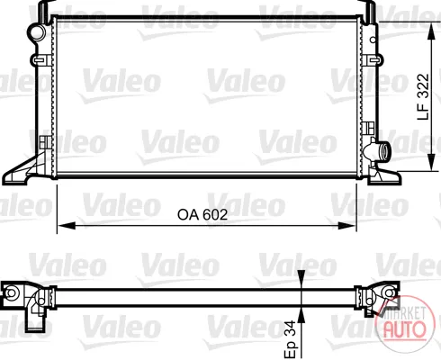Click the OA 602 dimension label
pos(202,215)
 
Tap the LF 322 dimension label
pos(424,96)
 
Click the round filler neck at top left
pos(37,32)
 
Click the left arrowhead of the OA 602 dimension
pos(66,225)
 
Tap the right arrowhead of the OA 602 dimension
pos(347,225)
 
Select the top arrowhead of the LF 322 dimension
pos(431,31)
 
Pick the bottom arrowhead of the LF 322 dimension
pos(431,162)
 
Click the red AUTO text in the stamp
pos(405,328)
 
